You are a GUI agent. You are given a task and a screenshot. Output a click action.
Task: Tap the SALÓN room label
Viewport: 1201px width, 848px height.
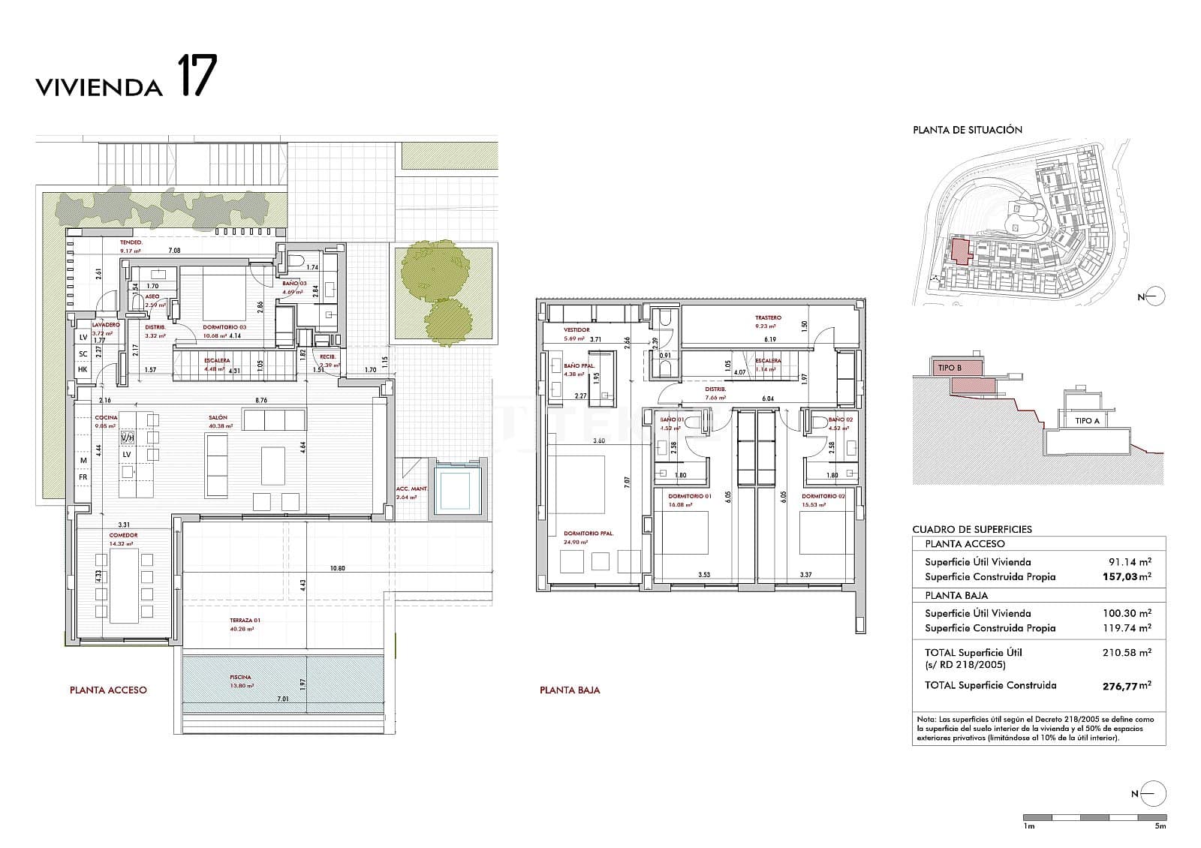(218, 417)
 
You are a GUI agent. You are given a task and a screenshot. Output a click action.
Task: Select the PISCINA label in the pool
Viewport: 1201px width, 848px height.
(241, 677)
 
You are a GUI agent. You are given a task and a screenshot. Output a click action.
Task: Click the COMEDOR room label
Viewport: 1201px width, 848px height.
(123, 535)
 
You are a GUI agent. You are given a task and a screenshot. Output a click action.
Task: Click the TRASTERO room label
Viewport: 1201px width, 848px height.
(768, 317)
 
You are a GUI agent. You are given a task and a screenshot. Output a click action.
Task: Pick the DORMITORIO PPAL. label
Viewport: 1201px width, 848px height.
(588, 534)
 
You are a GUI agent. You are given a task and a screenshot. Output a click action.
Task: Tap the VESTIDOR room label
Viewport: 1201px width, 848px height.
(576, 329)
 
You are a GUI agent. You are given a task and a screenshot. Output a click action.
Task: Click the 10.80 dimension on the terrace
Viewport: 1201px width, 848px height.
(338, 568)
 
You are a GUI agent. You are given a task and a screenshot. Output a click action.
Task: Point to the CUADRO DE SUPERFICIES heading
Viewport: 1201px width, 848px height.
(971, 529)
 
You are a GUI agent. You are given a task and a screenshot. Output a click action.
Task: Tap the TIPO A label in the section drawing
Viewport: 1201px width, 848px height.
(1087, 421)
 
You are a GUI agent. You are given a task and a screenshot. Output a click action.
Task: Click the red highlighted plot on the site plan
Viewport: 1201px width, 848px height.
(959, 251)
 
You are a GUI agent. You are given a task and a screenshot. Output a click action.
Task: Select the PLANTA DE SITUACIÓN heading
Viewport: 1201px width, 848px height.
(967, 130)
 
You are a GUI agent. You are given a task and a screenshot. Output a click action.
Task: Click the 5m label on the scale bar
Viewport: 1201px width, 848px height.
(1160, 826)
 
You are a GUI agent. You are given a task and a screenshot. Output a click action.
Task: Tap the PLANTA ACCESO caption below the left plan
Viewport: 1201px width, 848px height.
(108, 690)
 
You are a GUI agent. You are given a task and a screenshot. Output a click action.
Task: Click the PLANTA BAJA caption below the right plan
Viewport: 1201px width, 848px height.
(570, 690)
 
